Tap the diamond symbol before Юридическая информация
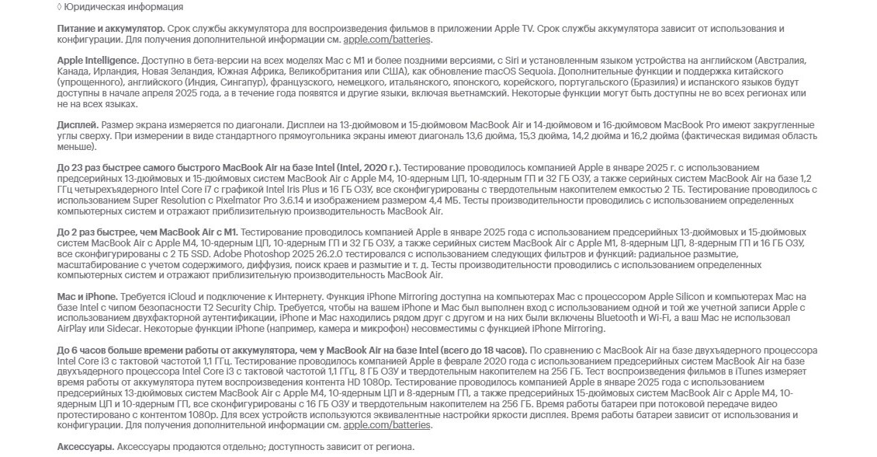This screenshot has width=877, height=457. click(60, 7)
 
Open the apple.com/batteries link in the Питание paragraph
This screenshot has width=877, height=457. click(387, 40)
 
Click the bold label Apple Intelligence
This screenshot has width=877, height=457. click(98, 61)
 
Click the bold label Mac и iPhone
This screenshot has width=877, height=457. click(87, 297)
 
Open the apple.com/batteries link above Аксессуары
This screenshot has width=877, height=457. click(387, 425)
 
